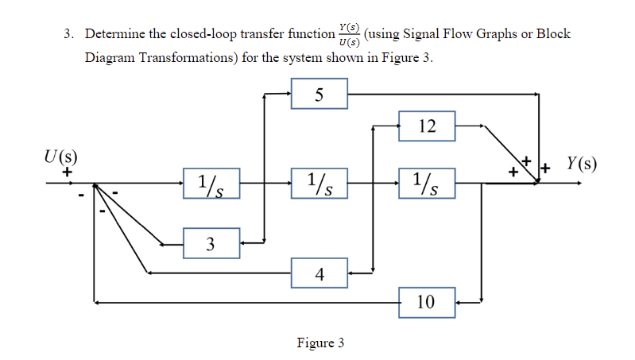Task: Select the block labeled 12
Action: (x=427, y=126)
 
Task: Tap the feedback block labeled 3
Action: (x=211, y=242)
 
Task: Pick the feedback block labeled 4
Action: (x=319, y=273)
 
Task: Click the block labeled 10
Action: (x=427, y=302)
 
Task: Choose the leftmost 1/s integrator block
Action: (x=211, y=184)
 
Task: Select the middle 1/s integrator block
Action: (x=319, y=184)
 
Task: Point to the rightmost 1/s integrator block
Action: (x=427, y=184)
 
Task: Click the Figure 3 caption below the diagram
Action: (x=319, y=343)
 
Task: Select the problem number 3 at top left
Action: (x=69, y=35)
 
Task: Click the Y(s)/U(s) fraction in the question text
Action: (x=348, y=35)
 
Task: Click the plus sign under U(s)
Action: (x=68, y=170)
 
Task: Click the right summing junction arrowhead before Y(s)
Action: (x=537, y=182)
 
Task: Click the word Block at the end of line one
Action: (x=553, y=34)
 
